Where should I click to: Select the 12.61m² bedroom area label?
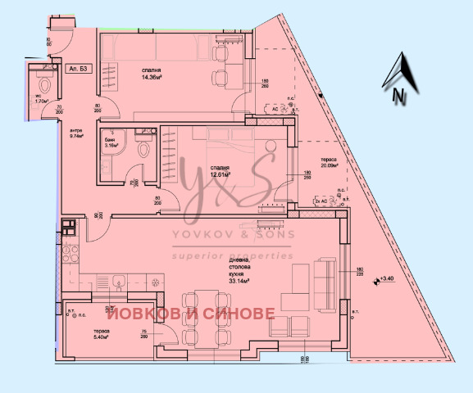pos(218,174)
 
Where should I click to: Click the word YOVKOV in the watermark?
pos(199,235)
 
